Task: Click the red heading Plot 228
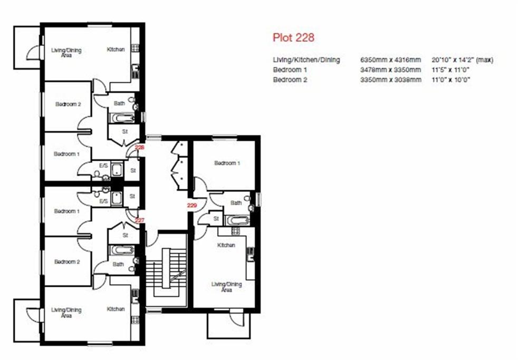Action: [x=293, y=37]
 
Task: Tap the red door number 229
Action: [x=192, y=206]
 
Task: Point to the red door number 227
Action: [x=140, y=220]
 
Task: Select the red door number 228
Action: [x=140, y=148]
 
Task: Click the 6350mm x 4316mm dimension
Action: [x=390, y=60]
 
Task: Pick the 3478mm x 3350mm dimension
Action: [x=390, y=70]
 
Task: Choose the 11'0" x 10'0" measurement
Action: [x=450, y=80]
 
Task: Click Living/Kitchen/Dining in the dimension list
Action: [x=306, y=60]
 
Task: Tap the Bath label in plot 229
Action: [x=236, y=202]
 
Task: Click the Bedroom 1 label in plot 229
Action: [x=227, y=163]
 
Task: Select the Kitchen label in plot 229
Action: [x=226, y=245]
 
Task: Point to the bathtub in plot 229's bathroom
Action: [x=237, y=220]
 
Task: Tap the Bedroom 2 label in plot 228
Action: [x=68, y=104]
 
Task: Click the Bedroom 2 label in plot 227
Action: [x=67, y=261]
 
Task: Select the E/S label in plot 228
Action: [x=103, y=166]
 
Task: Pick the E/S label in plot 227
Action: [x=103, y=201]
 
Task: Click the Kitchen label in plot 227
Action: [x=116, y=309]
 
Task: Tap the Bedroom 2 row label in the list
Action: [x=290, y=80]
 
